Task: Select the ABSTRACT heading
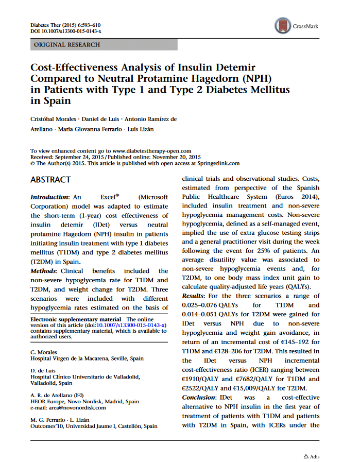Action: point(50,180)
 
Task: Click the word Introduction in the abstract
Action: point(49,197)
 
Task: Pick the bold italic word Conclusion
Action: point(199,398)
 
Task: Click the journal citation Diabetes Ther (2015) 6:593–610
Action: point(65,25)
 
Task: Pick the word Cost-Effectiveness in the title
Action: point(78,67)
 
